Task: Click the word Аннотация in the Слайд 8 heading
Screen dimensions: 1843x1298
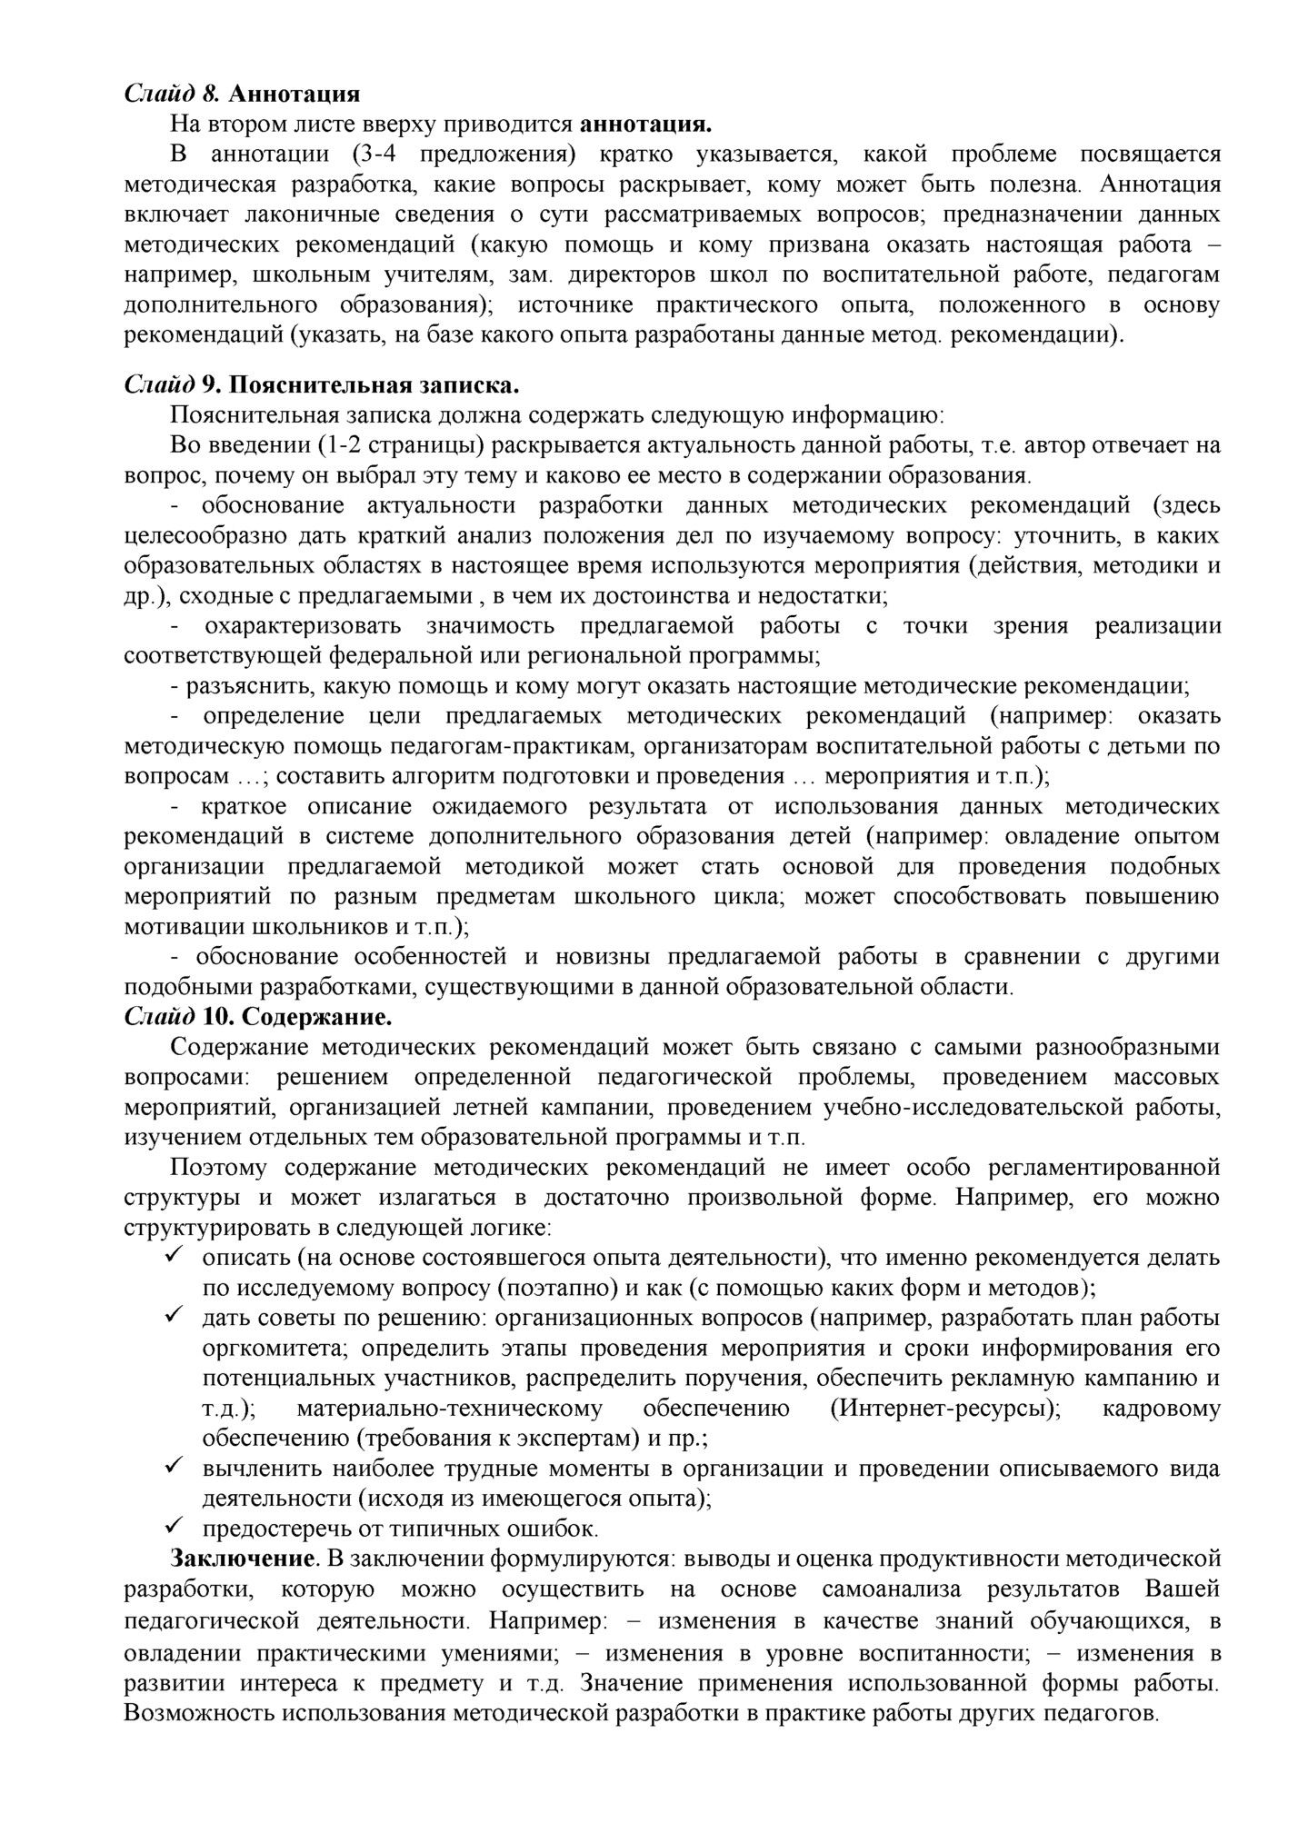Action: [295, 94]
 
